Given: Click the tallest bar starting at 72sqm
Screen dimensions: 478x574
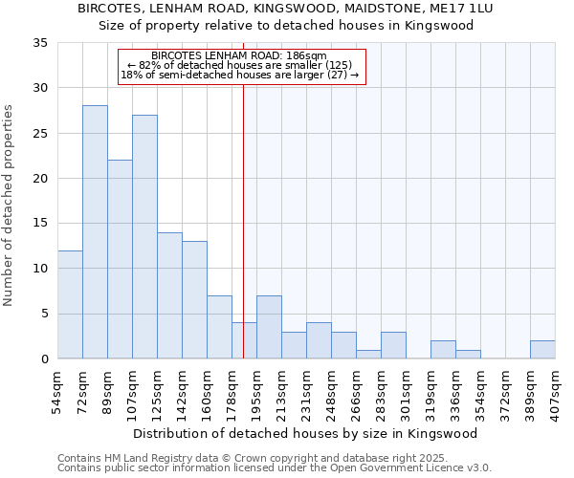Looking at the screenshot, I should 95,232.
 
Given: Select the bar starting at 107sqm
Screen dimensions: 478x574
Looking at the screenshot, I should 144,237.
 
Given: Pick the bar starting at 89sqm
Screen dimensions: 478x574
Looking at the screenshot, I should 120,259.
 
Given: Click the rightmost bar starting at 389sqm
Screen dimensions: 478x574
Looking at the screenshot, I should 542,350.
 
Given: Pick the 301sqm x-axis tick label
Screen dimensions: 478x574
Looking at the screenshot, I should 407,392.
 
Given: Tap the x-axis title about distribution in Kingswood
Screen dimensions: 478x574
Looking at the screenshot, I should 305,433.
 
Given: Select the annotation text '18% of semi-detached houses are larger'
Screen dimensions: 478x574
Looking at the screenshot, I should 241,75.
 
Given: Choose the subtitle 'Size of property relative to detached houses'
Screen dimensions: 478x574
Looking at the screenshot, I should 287,26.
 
